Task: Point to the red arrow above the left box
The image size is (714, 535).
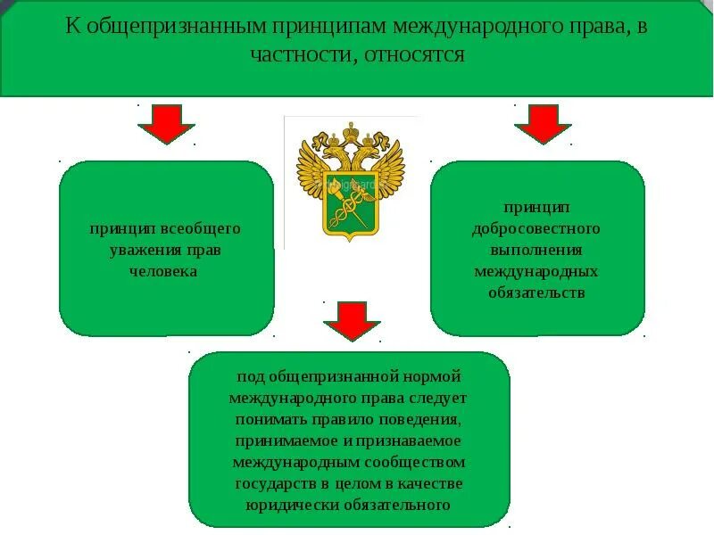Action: click(x=166, y=124)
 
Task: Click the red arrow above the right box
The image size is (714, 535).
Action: click(x=543, y=124)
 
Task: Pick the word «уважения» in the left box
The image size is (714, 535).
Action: click(x=144, y=250)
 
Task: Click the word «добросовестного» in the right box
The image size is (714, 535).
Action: click(x=537, y=228)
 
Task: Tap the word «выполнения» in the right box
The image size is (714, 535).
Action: click(x=537, y=250)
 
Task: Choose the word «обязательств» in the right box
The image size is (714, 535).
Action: click(x=537, y=292)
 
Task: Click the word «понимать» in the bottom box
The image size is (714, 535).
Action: click(x=267, y=419)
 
